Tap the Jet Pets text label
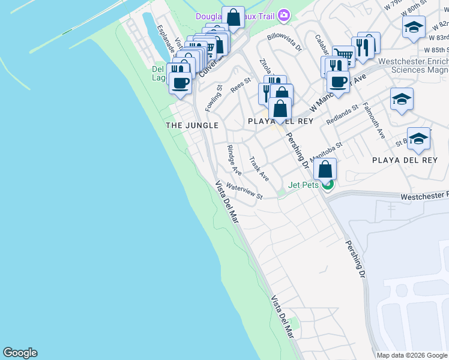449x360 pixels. coord(304,185)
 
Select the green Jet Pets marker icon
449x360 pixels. coord(328,185)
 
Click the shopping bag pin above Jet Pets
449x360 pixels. coord(325,169)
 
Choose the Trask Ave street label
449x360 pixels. coord(259,169)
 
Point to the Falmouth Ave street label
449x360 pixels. coord(373,120)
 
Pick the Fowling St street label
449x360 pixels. coord(214,98)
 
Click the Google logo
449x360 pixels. coord(20,353)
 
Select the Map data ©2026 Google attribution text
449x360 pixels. coord(411,355)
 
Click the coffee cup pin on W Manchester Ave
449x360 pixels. coord(339,81)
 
